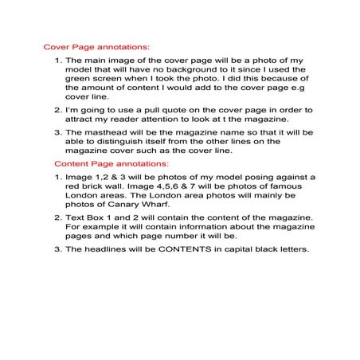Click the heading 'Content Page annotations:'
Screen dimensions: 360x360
pos(101,162)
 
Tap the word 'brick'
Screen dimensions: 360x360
pos(92,186)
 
